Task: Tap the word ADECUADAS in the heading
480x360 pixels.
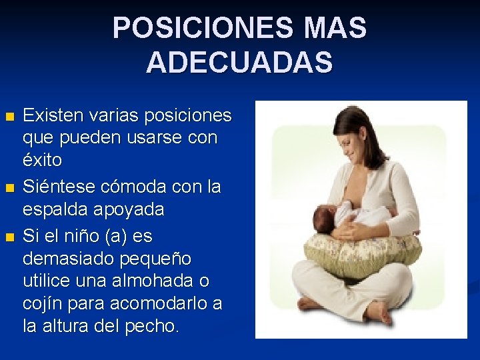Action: [239, 63]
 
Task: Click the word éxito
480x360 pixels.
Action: [43, 160]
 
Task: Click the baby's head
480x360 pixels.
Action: [327, 217]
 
